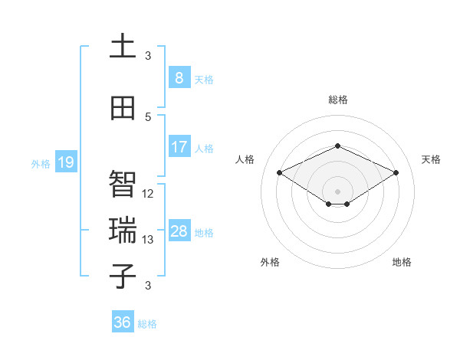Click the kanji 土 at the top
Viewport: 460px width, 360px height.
(x=123, y=47)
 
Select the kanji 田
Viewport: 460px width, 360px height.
(x=123, y=108)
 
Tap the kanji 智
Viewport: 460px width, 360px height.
(x=123, y=185)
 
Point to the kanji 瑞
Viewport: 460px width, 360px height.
(x=123, y=231)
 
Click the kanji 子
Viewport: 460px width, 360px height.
(x=123, y=277)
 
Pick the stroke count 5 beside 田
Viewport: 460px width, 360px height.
(x=148, y=117)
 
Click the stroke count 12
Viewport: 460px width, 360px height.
(x=149, y=194)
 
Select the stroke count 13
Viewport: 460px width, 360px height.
(x=149, y=240)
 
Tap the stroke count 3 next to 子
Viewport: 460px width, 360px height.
(x=148, y=286)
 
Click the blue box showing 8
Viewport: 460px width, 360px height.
(x=179, y=77)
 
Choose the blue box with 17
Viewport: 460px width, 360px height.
(x=179, y=146)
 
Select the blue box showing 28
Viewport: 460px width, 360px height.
(x=179, y=231)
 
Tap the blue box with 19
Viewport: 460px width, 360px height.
(x=65, y=162)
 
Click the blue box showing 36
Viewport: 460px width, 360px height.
(x=122, y=322)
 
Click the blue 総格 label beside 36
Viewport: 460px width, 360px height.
(x=147, y=324)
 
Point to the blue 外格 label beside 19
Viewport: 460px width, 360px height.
(x=40, y=163)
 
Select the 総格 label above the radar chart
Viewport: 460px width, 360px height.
(x=337, y=100)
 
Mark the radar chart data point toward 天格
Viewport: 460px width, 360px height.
(x=396, y=172)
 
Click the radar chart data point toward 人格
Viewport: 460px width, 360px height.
(x=280, y=172)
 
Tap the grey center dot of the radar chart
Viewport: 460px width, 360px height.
(x=337, y=190)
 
